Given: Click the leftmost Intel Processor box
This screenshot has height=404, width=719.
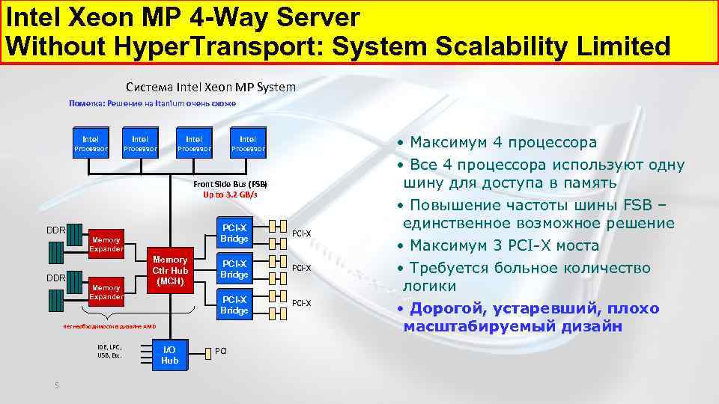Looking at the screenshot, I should coord(90,144).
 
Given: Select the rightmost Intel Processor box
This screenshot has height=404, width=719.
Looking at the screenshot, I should coord(248,144).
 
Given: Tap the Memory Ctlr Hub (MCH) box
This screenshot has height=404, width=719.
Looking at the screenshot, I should coord(170,270).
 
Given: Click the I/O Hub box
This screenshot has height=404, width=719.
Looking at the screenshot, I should coord(170,355).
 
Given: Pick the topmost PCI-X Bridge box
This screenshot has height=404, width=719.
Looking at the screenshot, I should coord(234,233).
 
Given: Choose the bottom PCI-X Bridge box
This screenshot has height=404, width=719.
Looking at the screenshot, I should coord(234,304).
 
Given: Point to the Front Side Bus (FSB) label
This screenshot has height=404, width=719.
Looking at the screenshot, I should coord(230,184).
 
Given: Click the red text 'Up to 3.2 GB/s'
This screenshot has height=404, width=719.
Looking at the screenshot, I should coord(230,195).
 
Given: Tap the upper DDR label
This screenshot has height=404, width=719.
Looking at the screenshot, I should coord(56,228).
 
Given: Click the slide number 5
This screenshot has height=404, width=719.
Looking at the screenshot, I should coord(56,385).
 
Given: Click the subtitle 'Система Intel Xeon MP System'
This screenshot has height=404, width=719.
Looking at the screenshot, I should coord(210,87).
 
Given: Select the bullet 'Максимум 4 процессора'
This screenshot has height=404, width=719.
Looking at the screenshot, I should coord(497,142).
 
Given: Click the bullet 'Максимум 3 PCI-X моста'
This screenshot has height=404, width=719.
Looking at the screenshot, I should coord(498,245).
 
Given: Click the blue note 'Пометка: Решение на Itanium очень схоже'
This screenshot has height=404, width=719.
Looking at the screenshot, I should coord(152,103).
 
